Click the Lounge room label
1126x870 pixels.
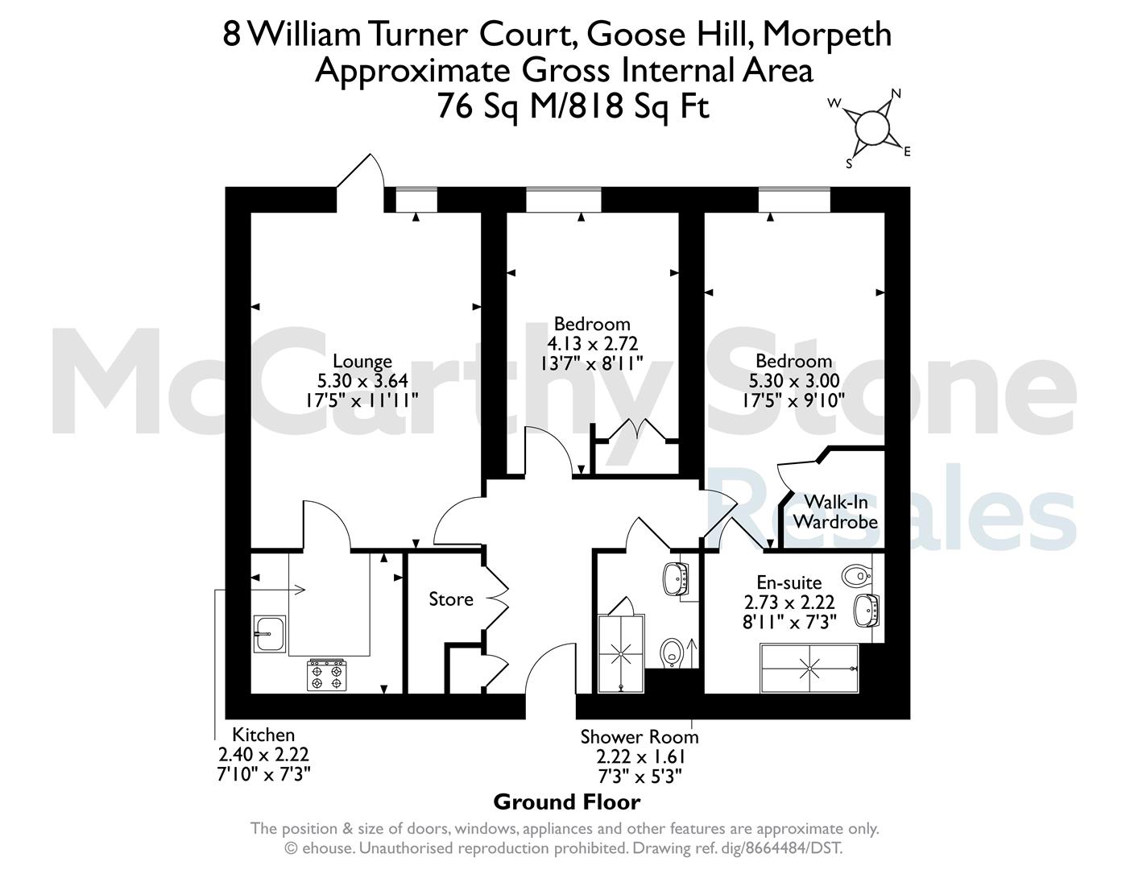click(362, 361)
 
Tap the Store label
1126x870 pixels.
click(451, 599)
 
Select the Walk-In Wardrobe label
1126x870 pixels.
click(835, 512)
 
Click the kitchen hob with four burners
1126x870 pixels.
click(327, 674)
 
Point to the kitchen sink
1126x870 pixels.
click(270, 634)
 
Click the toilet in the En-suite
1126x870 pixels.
click(856, 574)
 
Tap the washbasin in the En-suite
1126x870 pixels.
click(867, 611)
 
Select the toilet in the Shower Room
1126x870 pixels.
click(672, 652)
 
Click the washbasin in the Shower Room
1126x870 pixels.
click(677, 578)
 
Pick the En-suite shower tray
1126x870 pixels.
click(809, 668)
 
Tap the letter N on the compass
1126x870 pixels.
click(896, 93)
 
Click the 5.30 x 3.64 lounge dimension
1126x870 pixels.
click(362, 381)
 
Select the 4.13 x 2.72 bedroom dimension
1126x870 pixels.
click(592, 343)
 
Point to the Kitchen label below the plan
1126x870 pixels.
click(263, 735)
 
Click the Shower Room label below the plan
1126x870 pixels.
click(640, 737)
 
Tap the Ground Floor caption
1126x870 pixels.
click(567, 802)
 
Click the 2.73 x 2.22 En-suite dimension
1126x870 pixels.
click(789, 602)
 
